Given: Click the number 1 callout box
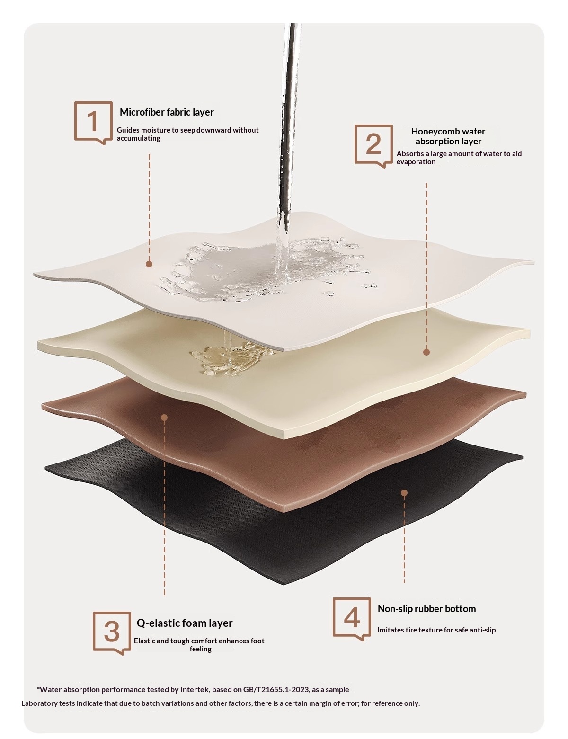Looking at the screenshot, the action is (x=75, y=123).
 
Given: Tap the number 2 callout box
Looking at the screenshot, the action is (x=355, y=144).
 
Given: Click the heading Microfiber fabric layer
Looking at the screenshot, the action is (x=167, y=112).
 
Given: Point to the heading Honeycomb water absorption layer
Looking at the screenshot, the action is (x=448, y=136).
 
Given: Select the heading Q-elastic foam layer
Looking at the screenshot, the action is (x=185, y=623).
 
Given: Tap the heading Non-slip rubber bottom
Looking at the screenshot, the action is (x=426, y=608).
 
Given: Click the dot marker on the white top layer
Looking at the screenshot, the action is (x=149, y=264).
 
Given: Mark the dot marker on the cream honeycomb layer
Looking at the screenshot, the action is (x=426, y=352).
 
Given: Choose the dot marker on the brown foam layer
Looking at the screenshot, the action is (x=164, y=417).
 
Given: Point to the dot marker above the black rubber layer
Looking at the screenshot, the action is (x=404, y=493).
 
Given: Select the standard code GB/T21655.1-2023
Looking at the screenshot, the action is (x=276, y=689).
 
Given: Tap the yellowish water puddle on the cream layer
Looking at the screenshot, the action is (x=231, y=358).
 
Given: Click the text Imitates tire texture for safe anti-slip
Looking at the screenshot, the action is (x=436, y=630).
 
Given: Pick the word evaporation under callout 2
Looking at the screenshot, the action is (x=416, y=162).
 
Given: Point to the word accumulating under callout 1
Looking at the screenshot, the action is (x=138, y=138).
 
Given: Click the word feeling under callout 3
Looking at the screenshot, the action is (x=201, y=649).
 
